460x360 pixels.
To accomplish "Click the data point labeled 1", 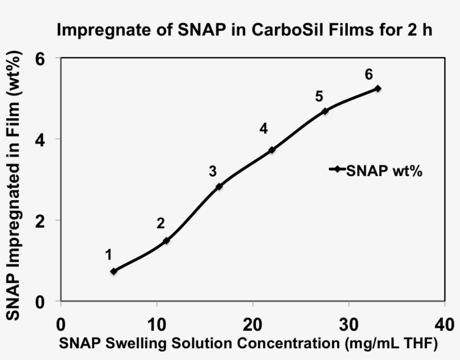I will (x=114, y=271).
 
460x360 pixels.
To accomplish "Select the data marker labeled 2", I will (x=166, y=241).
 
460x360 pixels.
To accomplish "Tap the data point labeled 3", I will (x=219, y=186).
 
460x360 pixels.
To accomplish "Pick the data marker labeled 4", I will (x=272, y=150).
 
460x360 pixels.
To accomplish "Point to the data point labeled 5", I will (x=325, y=111).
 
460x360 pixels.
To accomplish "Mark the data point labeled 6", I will (x=378, y=89).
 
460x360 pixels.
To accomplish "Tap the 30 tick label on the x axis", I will (x=348, y=325).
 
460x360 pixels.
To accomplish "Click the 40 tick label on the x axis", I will (x=444, y=325).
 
